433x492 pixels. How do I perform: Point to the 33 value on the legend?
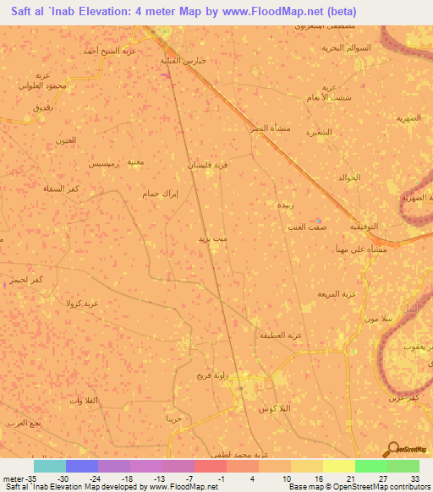[414, 478]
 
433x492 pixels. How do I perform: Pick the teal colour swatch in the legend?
[50, 466]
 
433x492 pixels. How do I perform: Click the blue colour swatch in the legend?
[82, 466]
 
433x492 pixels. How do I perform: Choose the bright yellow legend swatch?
[338, 466]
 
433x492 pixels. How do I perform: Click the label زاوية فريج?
[212, 374]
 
